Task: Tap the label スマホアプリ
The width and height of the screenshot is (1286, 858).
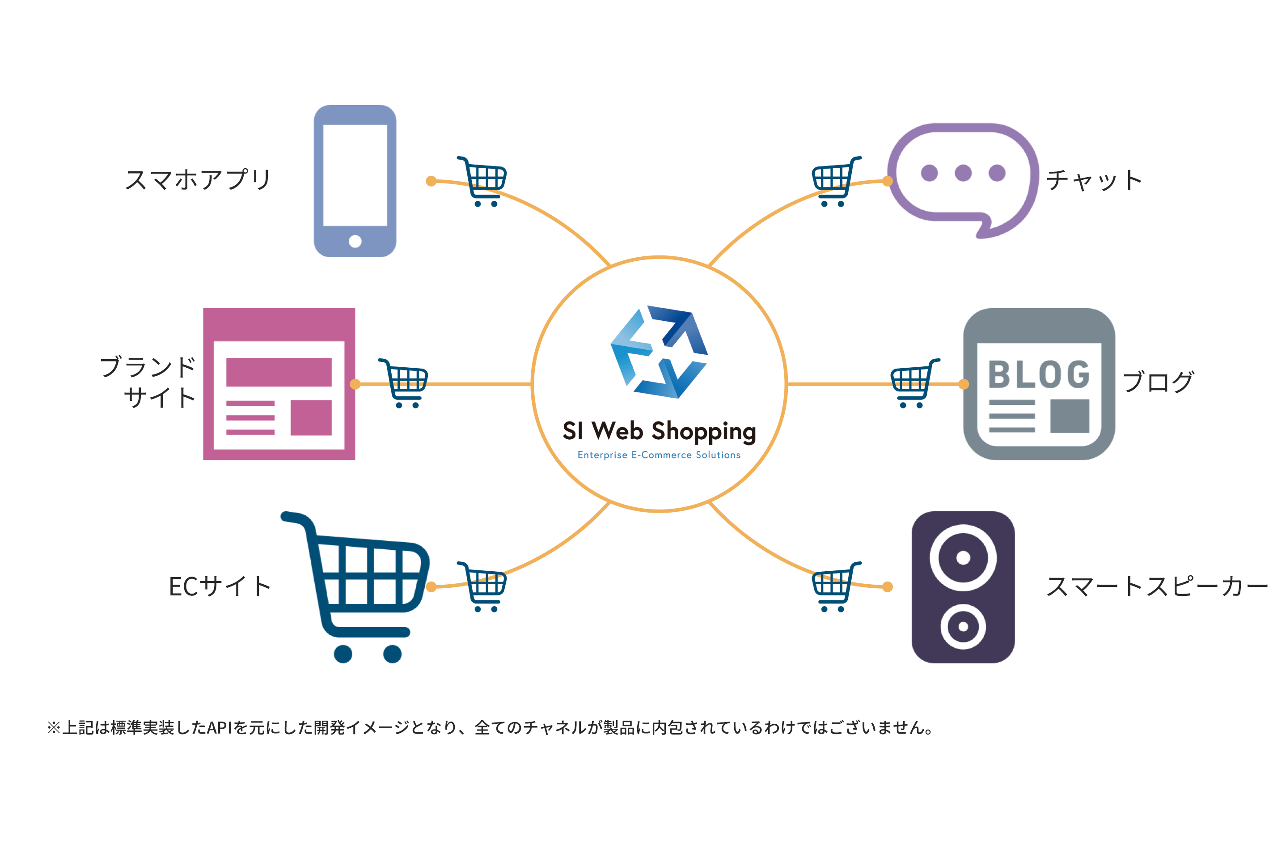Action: click(x=198, y=179)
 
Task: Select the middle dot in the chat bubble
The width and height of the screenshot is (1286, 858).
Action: click(x=963, y=173)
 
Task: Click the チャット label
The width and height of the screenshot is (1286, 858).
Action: click(x=1094, y=180)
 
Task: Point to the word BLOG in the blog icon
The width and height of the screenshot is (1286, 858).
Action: click(x=1039, y=374)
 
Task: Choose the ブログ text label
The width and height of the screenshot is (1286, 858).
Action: click(x=1158, y=382)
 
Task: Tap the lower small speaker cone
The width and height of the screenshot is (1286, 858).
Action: click(x=963, y=627)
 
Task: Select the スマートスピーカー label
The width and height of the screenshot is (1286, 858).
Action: click(x=1156, y=586)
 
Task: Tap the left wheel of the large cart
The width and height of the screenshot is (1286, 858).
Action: click(x=343, y=654)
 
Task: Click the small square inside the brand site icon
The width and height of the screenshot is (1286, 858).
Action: click(x=311, y=417)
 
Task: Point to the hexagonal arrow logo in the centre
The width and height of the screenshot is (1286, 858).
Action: click(x=659, y=352)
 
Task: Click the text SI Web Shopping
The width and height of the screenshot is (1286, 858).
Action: click(x=659, y=432)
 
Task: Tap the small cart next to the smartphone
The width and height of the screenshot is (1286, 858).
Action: click(x=482, y=181)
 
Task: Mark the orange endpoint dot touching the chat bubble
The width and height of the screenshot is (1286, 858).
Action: click(x=887, y=181)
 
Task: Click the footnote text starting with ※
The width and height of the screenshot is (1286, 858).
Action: click(x=490, y=728)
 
